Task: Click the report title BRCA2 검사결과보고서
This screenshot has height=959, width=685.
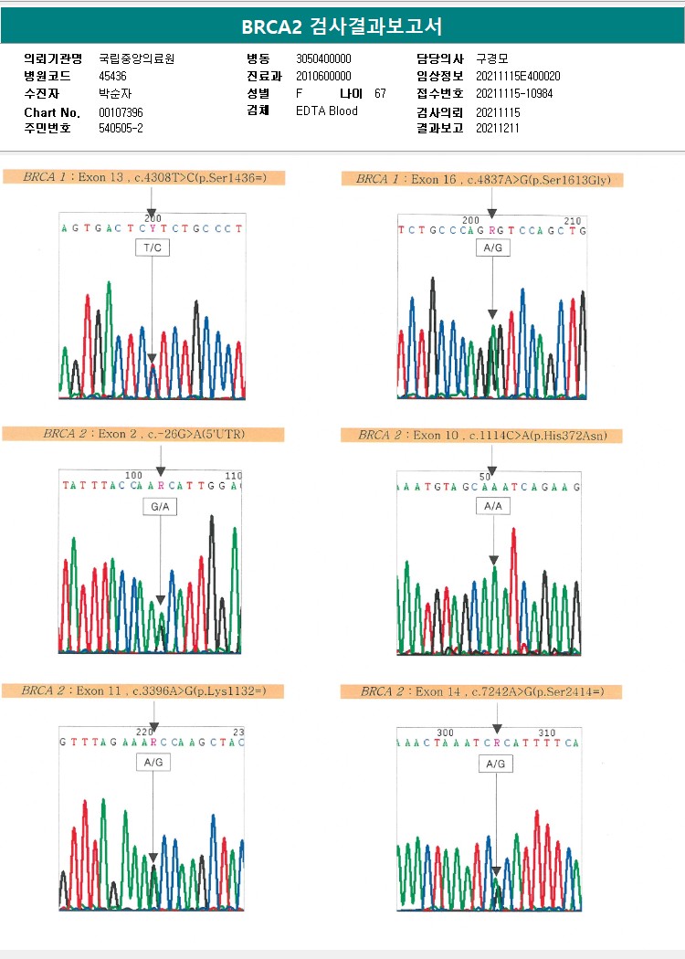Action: (x=342, y=26)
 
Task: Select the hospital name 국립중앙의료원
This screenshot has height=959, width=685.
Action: (x=136, y=58)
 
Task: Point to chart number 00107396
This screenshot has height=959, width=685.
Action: (x=121, y=112)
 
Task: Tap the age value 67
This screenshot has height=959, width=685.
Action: (x=380, y=93)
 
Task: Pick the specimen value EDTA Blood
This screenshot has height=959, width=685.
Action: (x=327, y=111)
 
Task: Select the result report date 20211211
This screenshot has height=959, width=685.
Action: (x=498, y=128)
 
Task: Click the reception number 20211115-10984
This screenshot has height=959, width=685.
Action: (x=514, y=93)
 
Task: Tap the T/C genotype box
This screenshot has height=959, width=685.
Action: (x=153, y=248)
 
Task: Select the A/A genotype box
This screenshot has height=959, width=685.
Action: (x=492, y=505)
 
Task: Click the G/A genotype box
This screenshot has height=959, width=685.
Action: (x=160, y=505)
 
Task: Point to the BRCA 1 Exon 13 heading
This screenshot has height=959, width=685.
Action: (x=144, y=177)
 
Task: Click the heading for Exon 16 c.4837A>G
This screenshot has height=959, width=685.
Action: (x=482, y=179)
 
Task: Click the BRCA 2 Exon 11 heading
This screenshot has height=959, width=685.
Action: (x=143, y=690)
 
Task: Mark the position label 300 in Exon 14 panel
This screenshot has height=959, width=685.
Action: (x=445, y=732)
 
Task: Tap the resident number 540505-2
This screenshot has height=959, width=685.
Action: (x=121, y=128)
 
